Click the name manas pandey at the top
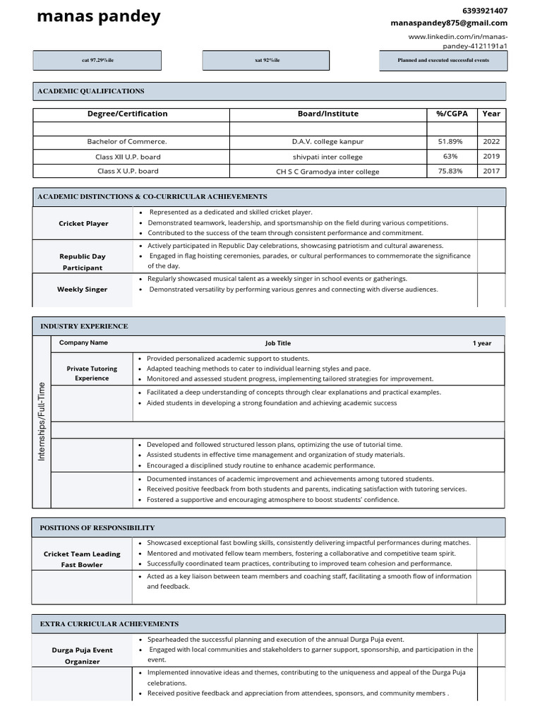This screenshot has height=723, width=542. click(98, 16)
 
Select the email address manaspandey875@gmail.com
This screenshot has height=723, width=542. click(449, 23)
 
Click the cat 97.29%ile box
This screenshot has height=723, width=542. click(97, 61)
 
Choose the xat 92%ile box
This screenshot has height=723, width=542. click(267, 61)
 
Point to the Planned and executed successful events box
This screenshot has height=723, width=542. click(442, 61)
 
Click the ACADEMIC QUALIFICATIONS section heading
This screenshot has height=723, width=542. click(91, 91)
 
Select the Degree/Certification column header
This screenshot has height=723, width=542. click(128, 114)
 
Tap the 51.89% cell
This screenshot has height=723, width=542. click(451, 142)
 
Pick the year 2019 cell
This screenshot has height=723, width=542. click(491, 157)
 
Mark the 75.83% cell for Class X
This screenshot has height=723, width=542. click(451, 171)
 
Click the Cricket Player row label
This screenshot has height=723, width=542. click(83, 223)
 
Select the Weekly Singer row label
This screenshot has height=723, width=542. click(83, 289)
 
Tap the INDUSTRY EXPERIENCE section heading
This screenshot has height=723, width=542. click(84, 326)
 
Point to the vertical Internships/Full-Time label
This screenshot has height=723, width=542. click(42, 422)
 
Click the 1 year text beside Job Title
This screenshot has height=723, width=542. click(482, 343)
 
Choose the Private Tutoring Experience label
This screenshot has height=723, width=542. click(92, 374)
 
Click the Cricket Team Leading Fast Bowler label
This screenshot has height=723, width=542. click(82, 559)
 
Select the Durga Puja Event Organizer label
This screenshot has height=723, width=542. click(82, 656)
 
